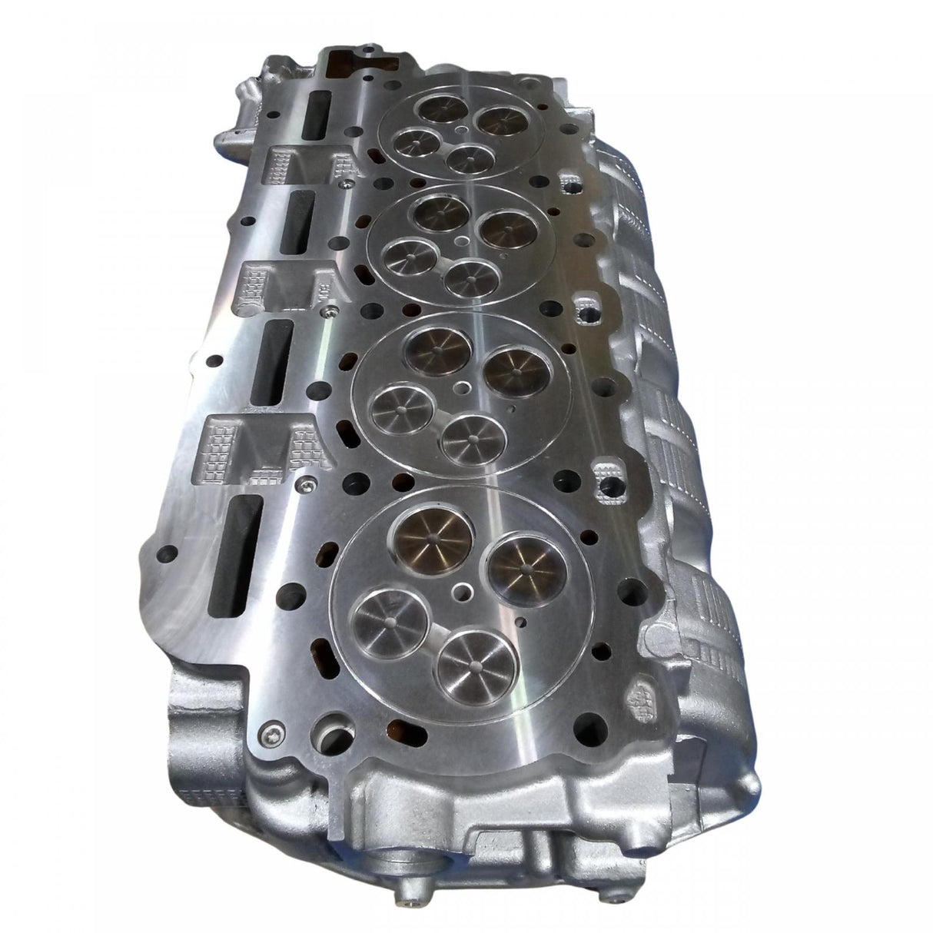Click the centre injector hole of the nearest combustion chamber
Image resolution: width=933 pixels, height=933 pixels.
(x=463, y=593)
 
